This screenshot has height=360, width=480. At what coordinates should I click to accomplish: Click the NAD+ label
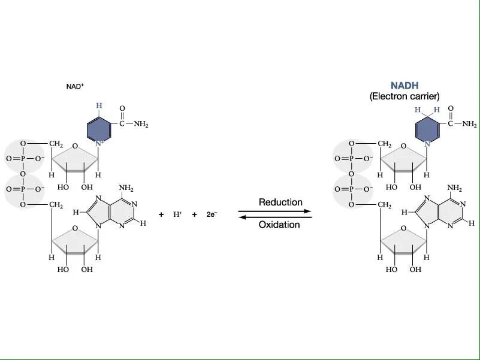(x=75, y=86)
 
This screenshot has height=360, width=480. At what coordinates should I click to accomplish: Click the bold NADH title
(x=404, y=86)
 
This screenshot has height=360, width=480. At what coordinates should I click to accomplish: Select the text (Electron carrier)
(x=404, y=96)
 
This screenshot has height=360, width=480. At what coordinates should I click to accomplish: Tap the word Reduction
(x=280, y=202)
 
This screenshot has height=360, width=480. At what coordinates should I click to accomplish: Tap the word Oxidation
(x=279, y=225)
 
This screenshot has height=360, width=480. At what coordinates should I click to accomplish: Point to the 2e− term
(x=212, y=214)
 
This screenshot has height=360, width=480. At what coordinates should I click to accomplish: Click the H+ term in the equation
(x=178, y=214)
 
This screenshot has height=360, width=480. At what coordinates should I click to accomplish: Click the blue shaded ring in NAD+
(x=99, y=129)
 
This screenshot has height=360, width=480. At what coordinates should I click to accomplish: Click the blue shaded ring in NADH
(x=428, y=130)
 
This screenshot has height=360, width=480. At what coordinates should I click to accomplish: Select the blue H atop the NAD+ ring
(x=99, y=105)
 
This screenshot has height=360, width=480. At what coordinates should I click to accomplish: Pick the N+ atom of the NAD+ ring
(x=100, y=144)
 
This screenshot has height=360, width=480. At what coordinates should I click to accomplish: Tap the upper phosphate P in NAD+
(x=23, y=159)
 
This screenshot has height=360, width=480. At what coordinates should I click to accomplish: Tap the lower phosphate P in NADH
(x=352, y=189)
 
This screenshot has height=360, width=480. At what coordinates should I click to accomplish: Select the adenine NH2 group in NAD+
(x=126, y=187)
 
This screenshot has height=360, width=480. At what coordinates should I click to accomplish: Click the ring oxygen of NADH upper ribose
(x=403, y=146)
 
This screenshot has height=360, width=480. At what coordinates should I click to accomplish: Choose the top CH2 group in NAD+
(x=56, y=144)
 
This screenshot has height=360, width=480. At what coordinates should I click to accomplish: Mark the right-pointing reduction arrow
(x=275, y=211)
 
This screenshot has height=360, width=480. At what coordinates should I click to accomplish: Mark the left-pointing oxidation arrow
(x=275, y=217)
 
